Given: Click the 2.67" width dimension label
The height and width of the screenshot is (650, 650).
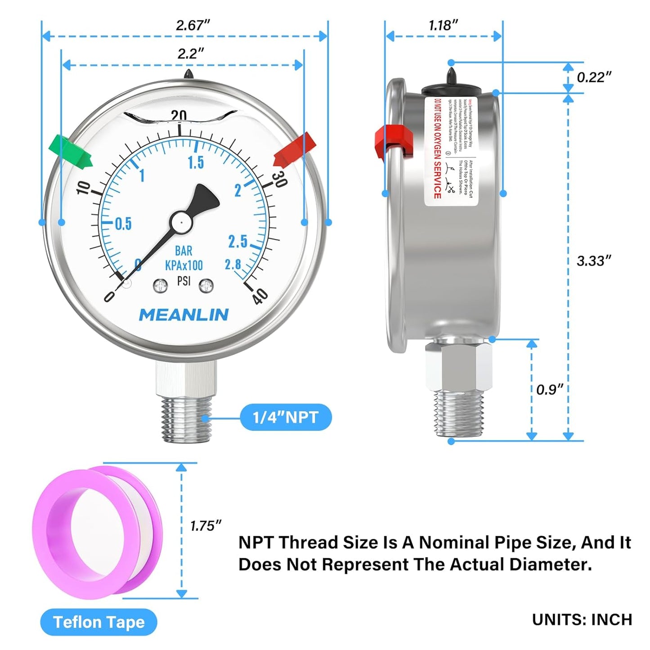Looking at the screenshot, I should pyautogui.click(x=193, y=25).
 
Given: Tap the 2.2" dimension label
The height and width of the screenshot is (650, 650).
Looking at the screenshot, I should pyautogui.click(x=190, y=54).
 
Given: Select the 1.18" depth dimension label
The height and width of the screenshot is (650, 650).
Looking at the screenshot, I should pyautogui.click(x=443, y=25).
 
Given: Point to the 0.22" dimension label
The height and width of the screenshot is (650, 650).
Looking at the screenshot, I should pyautogui.click(x=594, y=77).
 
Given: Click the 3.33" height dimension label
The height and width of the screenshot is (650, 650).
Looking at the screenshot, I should pyautogui.click(x=594, y=260).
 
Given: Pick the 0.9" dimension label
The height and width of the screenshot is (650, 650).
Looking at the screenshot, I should pyautogui.click(x=550, y=389).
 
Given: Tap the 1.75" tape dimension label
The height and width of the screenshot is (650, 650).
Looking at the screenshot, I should pyautogui.click(x=206, y=525).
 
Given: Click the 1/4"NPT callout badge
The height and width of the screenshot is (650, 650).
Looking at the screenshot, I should pyautogui.click(x=286, y=417).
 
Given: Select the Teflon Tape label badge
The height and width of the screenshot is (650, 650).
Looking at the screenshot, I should pyautogui.click(x=99, y=622).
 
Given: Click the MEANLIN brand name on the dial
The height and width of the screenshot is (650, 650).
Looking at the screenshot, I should pyautogui.click(x=184, y=315).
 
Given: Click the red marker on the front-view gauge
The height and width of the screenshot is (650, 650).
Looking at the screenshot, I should pyautogui.click(x=295, y=150).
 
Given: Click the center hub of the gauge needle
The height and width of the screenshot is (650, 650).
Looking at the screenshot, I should pyautogui.click(x=180, y=222).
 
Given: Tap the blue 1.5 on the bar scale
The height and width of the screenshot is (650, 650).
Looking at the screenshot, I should pyautogui.click(x=196, y=162).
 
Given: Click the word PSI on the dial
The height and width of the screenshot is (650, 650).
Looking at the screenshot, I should pyautogui.click(x=184, y=281).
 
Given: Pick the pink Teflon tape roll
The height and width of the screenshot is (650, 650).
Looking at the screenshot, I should pyautogui.click(x=97, y=533).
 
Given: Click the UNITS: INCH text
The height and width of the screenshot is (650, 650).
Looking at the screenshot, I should pyautogui.click(x=582, y=619).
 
